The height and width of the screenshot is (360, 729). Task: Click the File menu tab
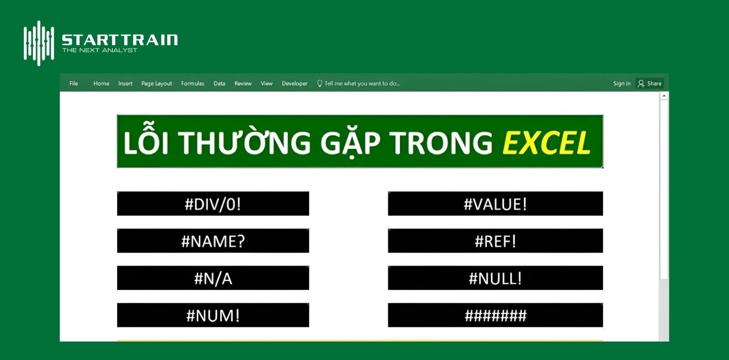click(73, 84)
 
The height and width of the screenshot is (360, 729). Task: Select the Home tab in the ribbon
click(101, 84)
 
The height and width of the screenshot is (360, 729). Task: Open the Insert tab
click(125, 84)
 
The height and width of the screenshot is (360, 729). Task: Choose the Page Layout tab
click(156, 84)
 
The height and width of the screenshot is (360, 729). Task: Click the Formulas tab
click(192, 84)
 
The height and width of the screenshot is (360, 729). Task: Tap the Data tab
click(219, 84)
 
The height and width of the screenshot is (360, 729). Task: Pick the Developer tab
click(295, 84)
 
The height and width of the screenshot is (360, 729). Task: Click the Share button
click(650, 84)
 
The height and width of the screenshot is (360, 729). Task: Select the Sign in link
click(622, 84)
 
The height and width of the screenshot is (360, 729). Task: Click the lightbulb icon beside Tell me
click(320, 84)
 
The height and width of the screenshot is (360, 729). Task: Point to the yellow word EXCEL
click(546, 143)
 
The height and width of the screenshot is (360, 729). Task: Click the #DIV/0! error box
click(213, 204)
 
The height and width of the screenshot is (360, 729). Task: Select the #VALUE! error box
click(495, 204)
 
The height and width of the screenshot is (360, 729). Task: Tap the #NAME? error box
click(213, 241)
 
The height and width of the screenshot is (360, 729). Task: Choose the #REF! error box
click(495, 241)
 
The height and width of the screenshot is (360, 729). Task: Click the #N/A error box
click(213, 278)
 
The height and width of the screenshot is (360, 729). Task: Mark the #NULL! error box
click(495, 278)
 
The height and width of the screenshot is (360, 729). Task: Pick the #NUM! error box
click(213, 315)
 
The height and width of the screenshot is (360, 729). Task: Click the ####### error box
click(495, 315)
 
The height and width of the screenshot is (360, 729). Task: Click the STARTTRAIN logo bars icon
click(39, 43)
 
